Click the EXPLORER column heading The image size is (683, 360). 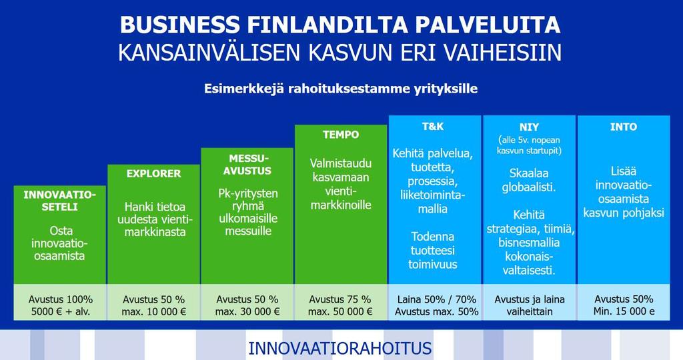[x=154, y=174]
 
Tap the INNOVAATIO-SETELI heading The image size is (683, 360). [x=59, y=201]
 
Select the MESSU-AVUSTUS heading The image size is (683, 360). [x=247, y=165]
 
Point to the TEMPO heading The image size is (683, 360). [x=341, y=135]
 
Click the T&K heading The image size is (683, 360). [x=432, y=127]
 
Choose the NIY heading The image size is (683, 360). [x=529, y=127]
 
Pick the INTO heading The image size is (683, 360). [x=624, y=127]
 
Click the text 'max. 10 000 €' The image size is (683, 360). [x=154, y=312]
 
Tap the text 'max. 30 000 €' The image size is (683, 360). [x=247, y=312]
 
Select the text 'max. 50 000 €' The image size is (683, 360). [x=340, y=312]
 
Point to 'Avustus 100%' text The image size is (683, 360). [x=61, y=299]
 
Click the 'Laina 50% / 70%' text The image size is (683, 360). [x=436, y=299]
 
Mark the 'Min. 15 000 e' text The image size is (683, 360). [x=624, y=312]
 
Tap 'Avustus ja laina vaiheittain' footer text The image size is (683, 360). [x=529, y=305]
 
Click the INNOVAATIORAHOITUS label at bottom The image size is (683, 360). [x=339, y=349]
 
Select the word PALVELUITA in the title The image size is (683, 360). [x=488, y=25]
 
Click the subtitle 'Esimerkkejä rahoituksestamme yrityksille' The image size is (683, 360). [x=341, y=89]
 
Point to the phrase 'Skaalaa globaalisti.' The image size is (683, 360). [x=529, y=180]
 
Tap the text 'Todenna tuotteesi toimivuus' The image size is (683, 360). [x=432, y=250]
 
